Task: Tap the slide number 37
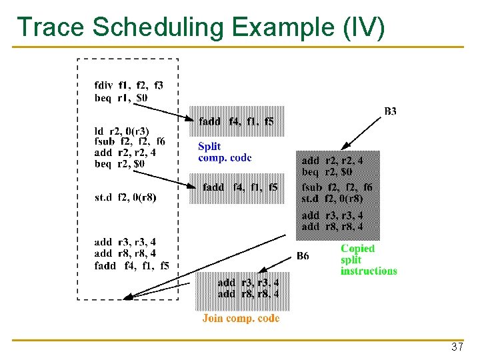(457, 347)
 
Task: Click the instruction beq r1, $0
(121, 97)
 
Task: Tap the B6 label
(303, 255)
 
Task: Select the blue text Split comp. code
(225, 152)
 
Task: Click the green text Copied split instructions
(368, 259)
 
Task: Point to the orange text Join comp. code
(241, 318)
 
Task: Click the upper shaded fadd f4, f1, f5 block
(237, 121)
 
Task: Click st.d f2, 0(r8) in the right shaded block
(332, 198)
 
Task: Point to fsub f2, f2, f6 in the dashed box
(130, 141)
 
